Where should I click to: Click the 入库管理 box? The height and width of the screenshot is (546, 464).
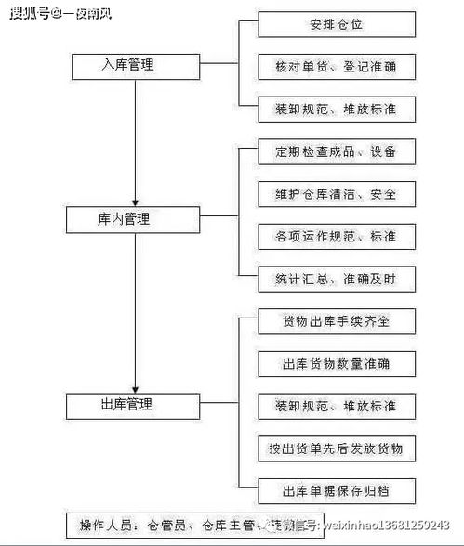136,66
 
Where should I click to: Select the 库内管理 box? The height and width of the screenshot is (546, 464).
136,220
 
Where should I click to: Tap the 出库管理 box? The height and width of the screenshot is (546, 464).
136,405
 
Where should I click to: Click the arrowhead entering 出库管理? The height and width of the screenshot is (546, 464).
136,387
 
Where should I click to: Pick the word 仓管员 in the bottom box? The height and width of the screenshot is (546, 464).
166,526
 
